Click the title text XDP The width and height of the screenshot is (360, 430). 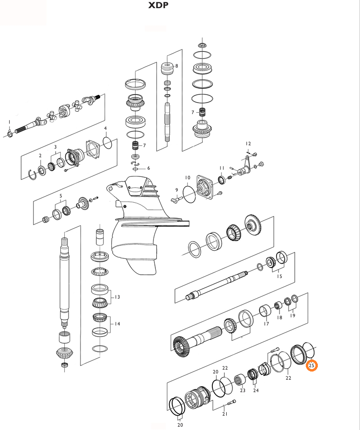(x=158, y=6)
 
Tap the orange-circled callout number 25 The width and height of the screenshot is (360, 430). (x=312, y=366)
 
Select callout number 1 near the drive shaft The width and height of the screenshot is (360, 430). (x=9, y=122)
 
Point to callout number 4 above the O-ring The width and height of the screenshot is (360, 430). (x=105, y=128)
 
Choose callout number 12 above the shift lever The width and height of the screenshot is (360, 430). (x=248, y=144)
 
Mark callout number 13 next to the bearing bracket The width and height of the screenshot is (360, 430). (x=117, y=297)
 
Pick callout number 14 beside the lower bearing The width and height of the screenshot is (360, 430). (x=117, y=324)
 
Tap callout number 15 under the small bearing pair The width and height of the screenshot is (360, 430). (x=279, y=277)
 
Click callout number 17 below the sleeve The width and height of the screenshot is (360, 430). (x=266, y=324)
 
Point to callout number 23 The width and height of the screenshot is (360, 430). (x=243, y=391)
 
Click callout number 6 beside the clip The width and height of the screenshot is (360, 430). (x=148, y=168)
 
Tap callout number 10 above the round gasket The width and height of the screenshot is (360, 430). (x=187, y=178)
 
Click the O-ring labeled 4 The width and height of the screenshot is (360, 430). (x=108, y=142)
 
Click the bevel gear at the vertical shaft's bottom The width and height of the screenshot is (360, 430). (x=64, y=353)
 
